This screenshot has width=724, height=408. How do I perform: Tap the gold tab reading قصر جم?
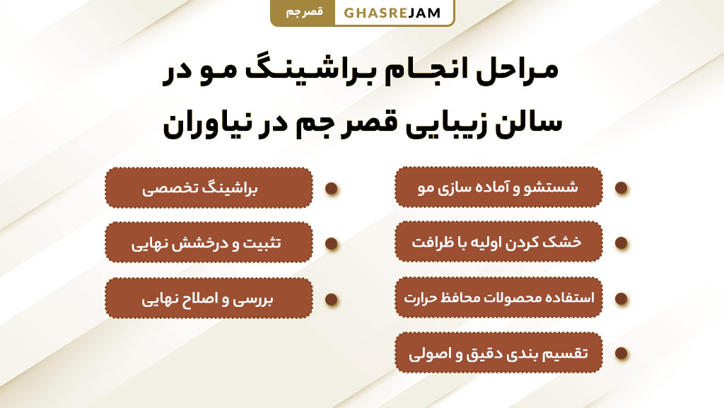(302, 13)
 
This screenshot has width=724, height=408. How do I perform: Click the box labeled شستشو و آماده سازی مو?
(498, 187)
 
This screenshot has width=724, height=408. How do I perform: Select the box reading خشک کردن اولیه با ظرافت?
(498, 242)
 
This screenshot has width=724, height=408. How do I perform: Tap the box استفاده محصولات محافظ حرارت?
(498, 298)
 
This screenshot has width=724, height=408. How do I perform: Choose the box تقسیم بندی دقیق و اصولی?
(498, 353)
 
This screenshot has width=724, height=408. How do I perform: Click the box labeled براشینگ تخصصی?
(209, 188)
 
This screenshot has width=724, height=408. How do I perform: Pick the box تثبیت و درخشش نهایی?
(209, 243)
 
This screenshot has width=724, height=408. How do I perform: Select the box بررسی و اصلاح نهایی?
(209, 298)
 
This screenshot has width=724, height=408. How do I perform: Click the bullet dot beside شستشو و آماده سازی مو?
(621, 188)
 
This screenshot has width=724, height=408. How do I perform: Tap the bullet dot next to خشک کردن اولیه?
(621, 243)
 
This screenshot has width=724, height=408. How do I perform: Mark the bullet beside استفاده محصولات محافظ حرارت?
(621, 298)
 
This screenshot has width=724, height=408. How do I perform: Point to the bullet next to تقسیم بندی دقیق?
(621, 354)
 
